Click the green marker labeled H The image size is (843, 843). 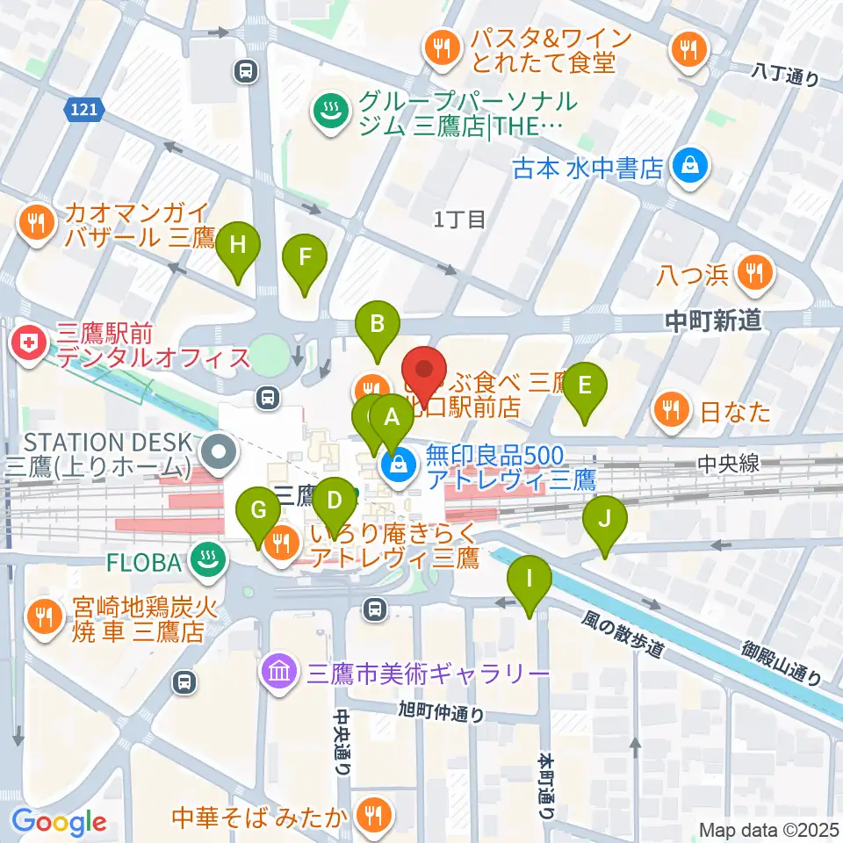click(237, 247)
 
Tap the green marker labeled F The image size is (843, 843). click(305, 258)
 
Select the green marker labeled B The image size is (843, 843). click(378, 324)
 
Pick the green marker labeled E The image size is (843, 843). click(586, 385)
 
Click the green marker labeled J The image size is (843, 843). click(606, 519)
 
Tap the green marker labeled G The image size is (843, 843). click(258, 510)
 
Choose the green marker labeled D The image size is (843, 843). click(334, 501)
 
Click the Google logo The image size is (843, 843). click(60, 822)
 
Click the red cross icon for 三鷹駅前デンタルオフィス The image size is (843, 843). click(29, 343)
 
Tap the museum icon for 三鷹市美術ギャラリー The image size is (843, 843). click(278, 674)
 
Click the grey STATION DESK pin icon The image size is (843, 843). click(218, 453)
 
